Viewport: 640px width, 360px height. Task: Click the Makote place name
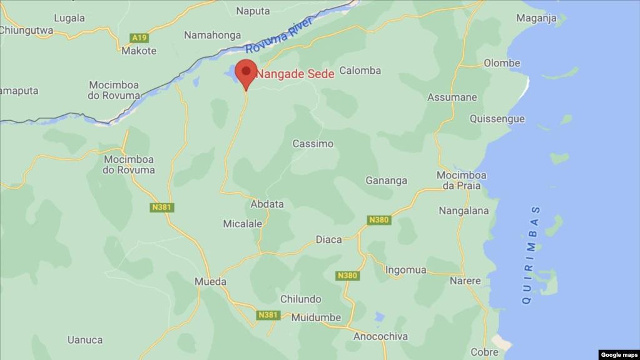click(x=139, y=51)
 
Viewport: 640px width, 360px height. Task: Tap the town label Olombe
click(x=502, y=63)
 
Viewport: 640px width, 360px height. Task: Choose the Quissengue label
click(x=497, y=119)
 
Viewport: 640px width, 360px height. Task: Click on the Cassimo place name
click(x=313, y=143)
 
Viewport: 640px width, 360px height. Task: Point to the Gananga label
click(x=386, y=180)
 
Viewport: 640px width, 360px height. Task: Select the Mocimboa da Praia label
click(x=461, y=181)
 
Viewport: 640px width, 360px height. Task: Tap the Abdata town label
click(x=267, y=204)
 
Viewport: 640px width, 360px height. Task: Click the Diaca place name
click(x=328, y=239)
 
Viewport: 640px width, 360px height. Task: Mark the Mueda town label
click(x=210, y=282)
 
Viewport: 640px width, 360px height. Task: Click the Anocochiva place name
click(x=380, y=337)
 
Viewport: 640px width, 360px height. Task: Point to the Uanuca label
click(x=85, y=340)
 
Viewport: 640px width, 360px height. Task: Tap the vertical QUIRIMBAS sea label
click(x=532, y=255)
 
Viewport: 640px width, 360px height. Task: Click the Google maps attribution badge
click(x=619, y=354)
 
